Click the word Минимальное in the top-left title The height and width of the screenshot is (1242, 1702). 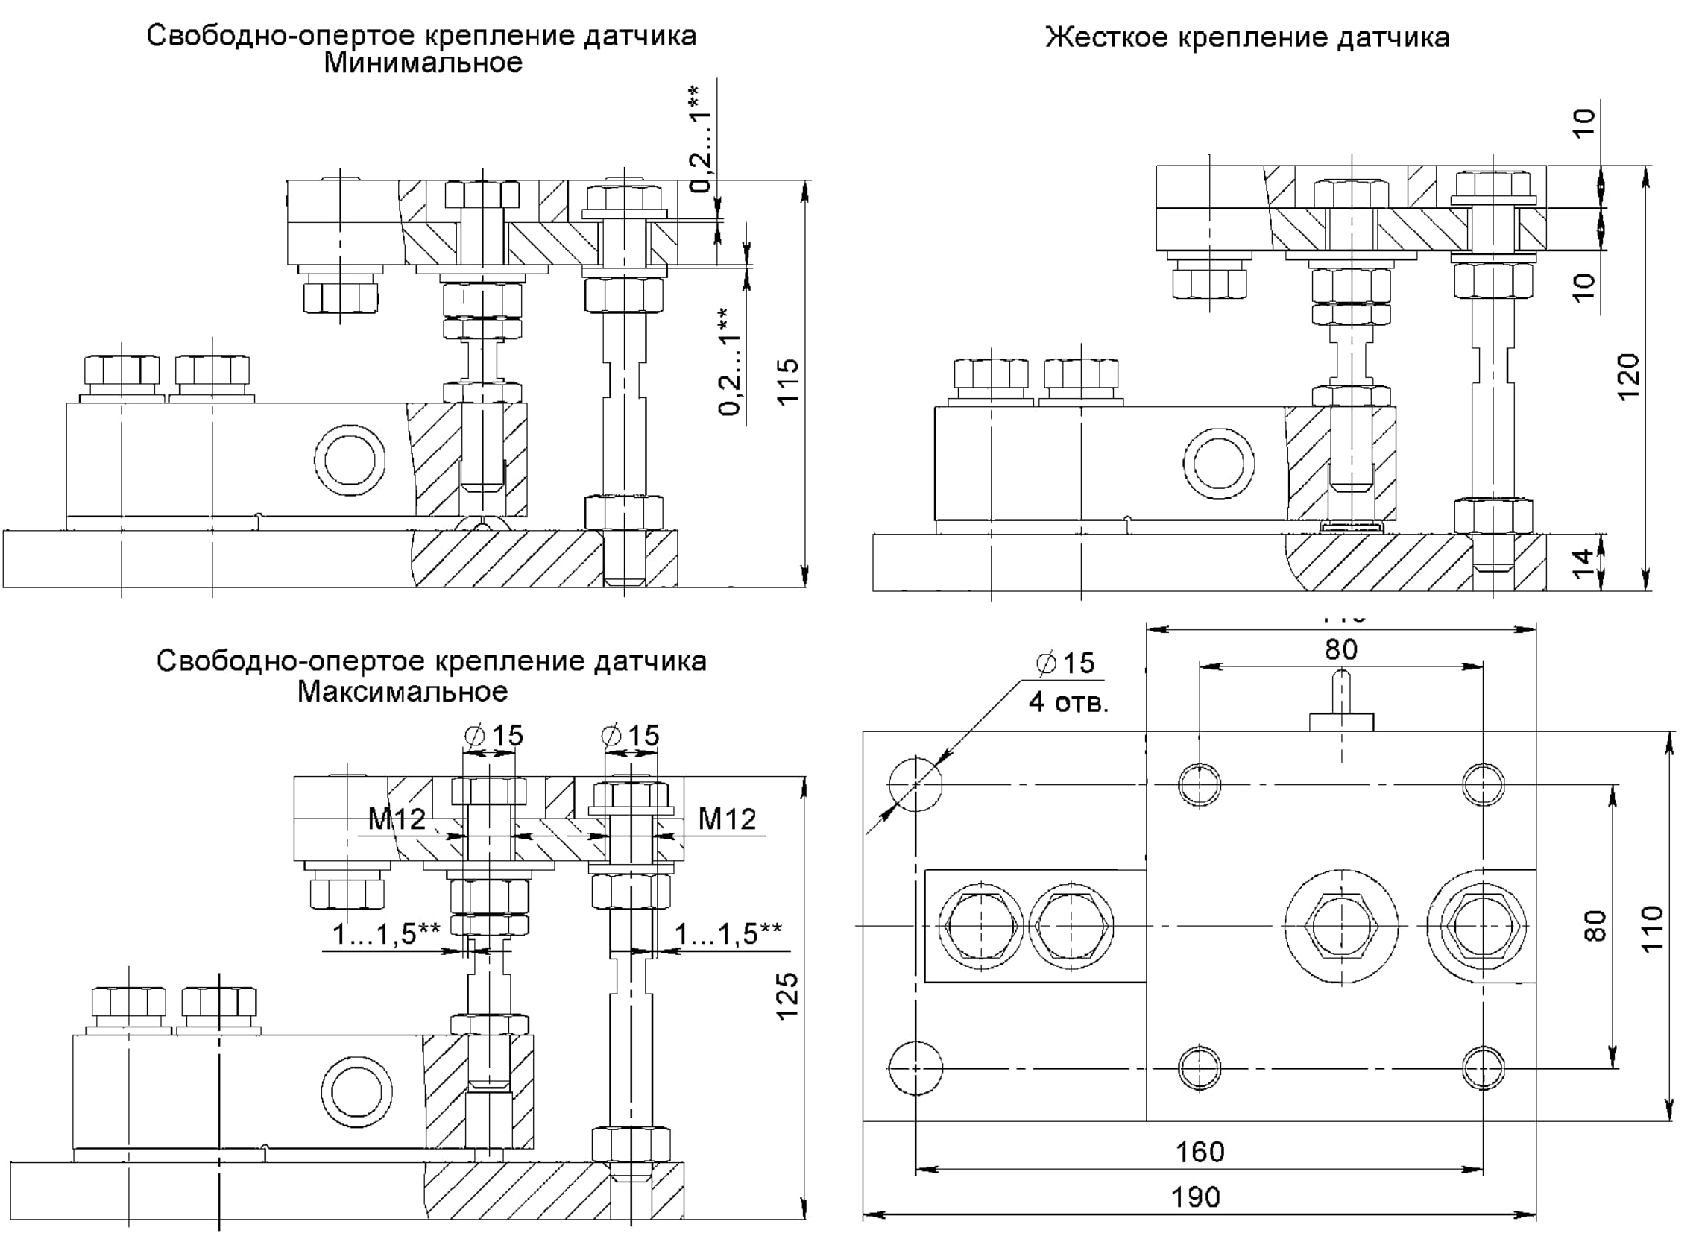[x=423, y=63]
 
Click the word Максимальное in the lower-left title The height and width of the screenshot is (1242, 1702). [x=402, y=692]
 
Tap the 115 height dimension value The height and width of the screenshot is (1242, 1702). [x=787, y=382]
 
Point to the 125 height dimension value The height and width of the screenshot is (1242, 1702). [x=787, y=997]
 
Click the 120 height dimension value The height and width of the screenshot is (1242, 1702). [x=1627, y=377]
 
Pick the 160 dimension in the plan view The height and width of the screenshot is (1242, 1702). [x=1200, y=1152]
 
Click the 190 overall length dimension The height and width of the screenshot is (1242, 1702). [x=1195, y=1197]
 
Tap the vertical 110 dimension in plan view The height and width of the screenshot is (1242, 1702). [x=1651, y=929]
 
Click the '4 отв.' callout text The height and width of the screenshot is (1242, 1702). [x=1068, y=702]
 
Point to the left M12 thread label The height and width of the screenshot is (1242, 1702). [x=396, y=819]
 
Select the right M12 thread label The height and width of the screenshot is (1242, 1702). [x=727, y=819]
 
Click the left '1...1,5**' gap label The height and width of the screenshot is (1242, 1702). [x=386, y=934]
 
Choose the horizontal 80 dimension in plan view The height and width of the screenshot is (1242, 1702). [x=1341, y=649]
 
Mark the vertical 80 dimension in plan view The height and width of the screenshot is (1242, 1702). [x=1595, y=926]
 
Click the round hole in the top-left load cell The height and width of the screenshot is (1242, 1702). [x=350, y=460]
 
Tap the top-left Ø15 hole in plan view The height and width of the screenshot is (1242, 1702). [x=915, y=784]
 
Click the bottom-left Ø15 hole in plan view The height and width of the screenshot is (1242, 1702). [x=915, y=1068]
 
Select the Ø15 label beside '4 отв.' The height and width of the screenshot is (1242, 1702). [x=1066, y=663]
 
